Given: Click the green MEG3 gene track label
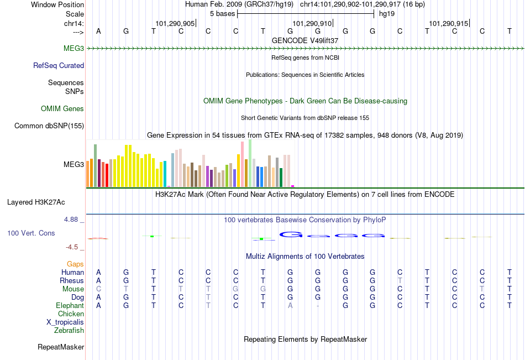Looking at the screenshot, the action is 73,48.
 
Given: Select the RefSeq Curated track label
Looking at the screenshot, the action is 59,65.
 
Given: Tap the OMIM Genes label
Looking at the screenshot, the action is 62,108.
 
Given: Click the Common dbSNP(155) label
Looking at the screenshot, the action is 49,126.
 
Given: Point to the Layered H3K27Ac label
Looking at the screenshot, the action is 36,202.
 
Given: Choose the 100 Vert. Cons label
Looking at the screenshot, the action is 31,233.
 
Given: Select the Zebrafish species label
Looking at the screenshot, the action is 69,331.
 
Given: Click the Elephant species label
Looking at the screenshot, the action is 70,305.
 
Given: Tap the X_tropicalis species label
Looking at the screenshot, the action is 65,322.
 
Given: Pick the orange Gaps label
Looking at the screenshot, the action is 75,264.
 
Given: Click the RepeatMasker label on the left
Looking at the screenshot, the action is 61,347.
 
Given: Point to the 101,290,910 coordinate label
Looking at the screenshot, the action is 312,23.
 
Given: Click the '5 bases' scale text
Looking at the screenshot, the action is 223,14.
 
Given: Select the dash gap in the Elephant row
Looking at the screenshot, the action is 318,306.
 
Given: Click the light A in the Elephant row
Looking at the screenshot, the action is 290,305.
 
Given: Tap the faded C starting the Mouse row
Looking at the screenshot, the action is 98,289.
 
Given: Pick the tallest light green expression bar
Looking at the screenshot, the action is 250,163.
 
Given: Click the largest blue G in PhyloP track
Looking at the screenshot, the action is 291,234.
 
